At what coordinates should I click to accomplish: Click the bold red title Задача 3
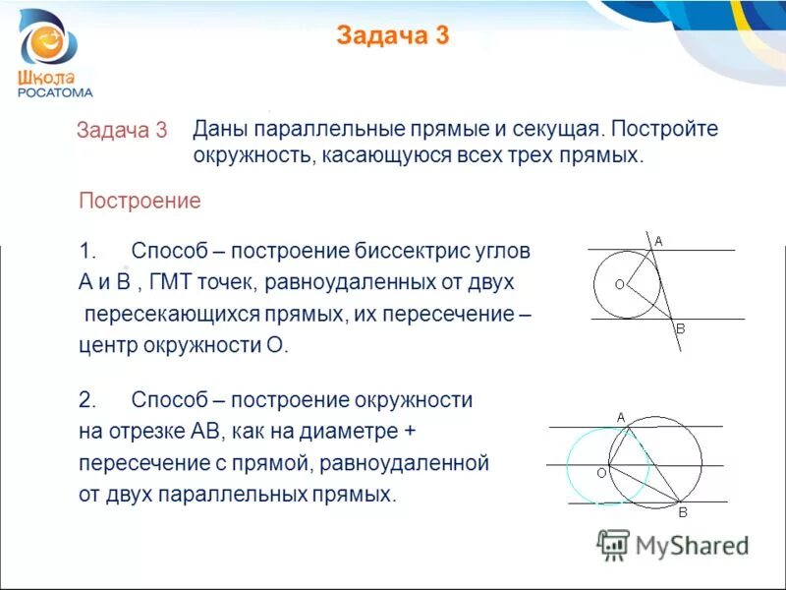click(392, 36)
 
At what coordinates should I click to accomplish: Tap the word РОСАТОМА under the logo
click(56, 93)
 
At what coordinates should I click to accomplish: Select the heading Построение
click(140, 201)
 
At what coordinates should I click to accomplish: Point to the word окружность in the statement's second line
click(250, 155)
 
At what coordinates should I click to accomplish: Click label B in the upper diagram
click(679, 330)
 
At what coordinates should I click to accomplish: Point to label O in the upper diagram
click(619, 284)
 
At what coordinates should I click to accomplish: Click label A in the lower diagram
click(621, 417)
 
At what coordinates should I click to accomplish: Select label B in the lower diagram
click(683, 512)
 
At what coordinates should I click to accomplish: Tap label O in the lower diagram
click(600, 473)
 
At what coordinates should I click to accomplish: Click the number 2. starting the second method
click(86, 400)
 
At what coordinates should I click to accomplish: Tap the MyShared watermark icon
click(614, 545)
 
